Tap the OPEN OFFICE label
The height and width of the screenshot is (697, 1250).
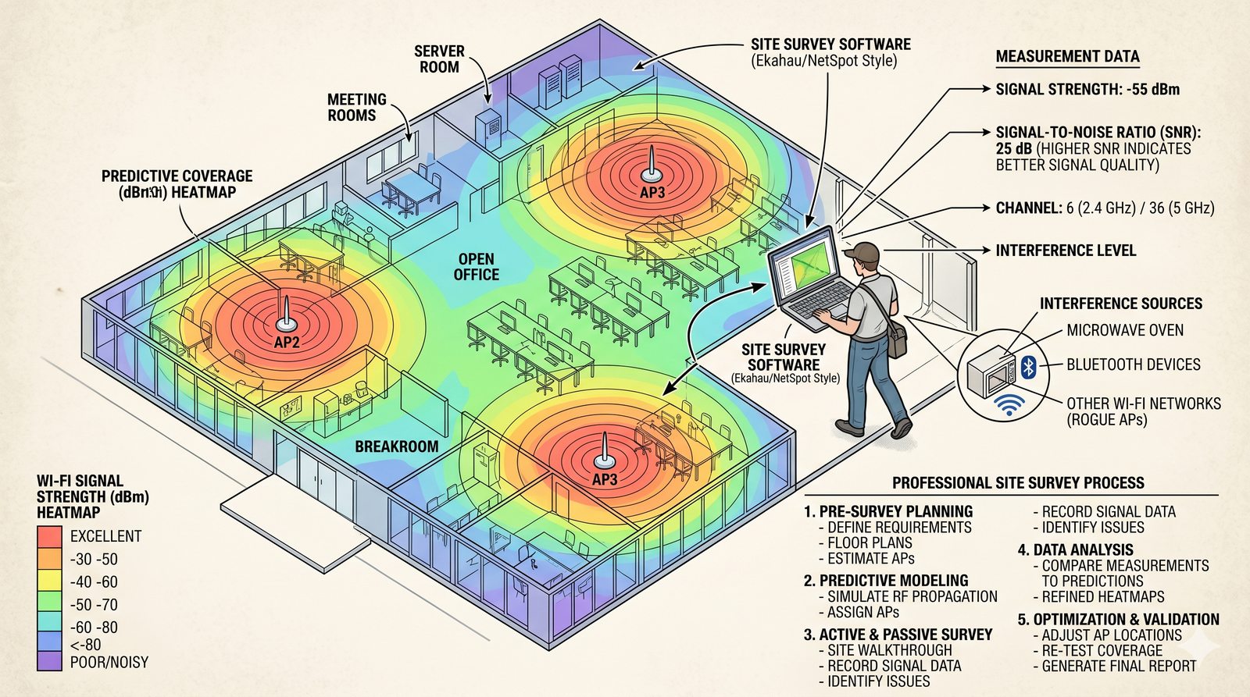[476, 266]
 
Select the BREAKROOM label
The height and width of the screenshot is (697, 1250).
[397, 446]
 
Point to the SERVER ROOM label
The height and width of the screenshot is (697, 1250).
[439, 59]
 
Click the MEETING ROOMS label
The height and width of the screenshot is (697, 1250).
[356, 107]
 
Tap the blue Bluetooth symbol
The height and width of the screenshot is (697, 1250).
[1028, 366]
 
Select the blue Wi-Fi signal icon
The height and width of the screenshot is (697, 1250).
[1009, 405]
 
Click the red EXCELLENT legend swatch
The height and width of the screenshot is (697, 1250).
[49, 536]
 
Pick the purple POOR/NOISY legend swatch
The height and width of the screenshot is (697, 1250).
[49, 661]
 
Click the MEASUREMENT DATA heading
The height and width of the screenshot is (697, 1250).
[1067, 56]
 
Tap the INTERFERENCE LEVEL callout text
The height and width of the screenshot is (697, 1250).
[1066, 251]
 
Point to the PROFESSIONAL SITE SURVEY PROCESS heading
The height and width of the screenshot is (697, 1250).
[1019, 483]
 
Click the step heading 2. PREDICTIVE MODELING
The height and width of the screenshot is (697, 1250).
[886, 581]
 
